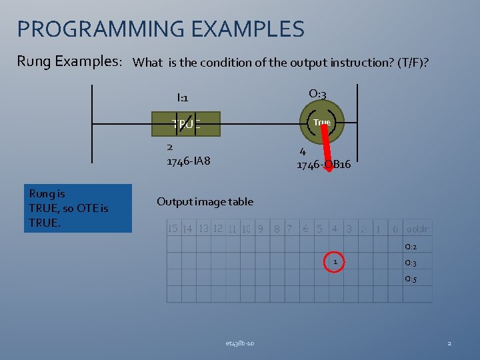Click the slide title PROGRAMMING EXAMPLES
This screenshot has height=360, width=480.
[x=160, y=29]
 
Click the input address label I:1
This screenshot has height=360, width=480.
[x=182, y=98]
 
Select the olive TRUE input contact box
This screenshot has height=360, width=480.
[x=186, y=123]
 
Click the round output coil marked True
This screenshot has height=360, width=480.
[x=322, y=123]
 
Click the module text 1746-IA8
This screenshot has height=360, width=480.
[x=188, y=161]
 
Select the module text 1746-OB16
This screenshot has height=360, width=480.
[x=323, y=165]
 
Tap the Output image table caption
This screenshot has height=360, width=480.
[x=205, y=201]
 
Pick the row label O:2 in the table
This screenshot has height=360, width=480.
[x=411, y=247]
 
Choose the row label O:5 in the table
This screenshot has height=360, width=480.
[x=411, y=279]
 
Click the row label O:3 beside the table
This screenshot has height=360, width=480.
[x=411, y=263]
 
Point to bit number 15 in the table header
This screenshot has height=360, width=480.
[x=173, y=229]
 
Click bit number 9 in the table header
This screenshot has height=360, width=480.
[x=260, y=229]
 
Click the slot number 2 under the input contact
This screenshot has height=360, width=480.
[x=170, y=147]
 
